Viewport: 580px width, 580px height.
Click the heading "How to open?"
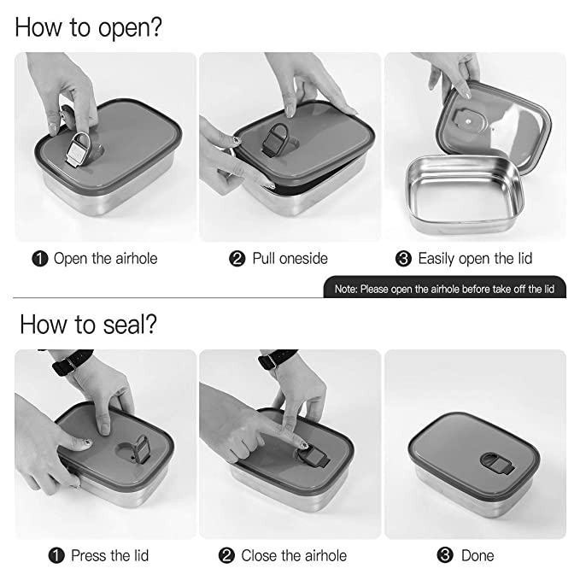tap(88, 27)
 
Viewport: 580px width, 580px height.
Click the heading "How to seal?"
tap(88, 325)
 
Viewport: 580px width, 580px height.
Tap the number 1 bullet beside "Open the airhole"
tap(40, 259)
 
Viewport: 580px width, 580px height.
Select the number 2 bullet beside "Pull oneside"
tap(237, 259)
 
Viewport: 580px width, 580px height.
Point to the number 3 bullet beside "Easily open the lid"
tap(403, 259)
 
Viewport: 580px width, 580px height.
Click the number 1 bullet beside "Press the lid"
tap(56, 555)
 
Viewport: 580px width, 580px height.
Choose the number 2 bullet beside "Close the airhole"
tap(226, 555)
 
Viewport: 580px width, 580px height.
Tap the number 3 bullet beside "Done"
tap(445, 555)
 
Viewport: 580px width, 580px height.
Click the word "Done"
tap(477, 555)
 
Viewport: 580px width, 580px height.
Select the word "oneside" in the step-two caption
tap(303, 259)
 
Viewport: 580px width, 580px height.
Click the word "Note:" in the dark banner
tap(346, 289)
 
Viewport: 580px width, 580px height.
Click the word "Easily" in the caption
tap(436, 259)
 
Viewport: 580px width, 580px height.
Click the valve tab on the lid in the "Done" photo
tap(498, 464)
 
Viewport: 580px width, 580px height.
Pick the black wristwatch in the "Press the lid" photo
tap(72, 360)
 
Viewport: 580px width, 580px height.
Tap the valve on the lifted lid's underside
tap(467, 120)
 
